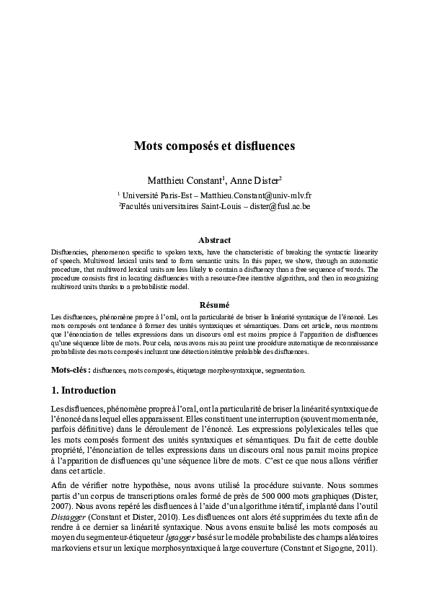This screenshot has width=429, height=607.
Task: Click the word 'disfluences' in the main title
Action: click(x=262, y=146)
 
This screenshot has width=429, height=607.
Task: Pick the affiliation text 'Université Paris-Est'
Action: click(x=158, y=195)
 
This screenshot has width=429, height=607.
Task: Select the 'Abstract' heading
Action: click(x=214, y=239)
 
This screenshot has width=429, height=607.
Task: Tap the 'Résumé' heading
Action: click(x=214, y=305)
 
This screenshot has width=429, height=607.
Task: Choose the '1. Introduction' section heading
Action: click(x=84, y=391)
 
